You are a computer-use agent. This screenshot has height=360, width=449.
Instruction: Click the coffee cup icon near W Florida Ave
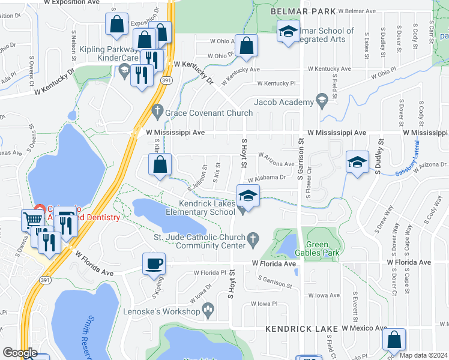(154, 263)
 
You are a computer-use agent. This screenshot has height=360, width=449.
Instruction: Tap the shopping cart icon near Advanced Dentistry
(32, 220)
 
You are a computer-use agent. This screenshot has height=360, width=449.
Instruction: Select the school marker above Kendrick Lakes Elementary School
(247, 196)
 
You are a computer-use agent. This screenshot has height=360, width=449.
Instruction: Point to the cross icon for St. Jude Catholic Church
(253, 239)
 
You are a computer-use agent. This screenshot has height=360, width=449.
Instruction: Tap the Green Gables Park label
(322, 248)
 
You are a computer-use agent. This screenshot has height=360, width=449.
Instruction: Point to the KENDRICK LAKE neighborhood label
(301, 329)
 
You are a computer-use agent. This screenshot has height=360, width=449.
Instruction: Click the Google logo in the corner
(20, 353)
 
